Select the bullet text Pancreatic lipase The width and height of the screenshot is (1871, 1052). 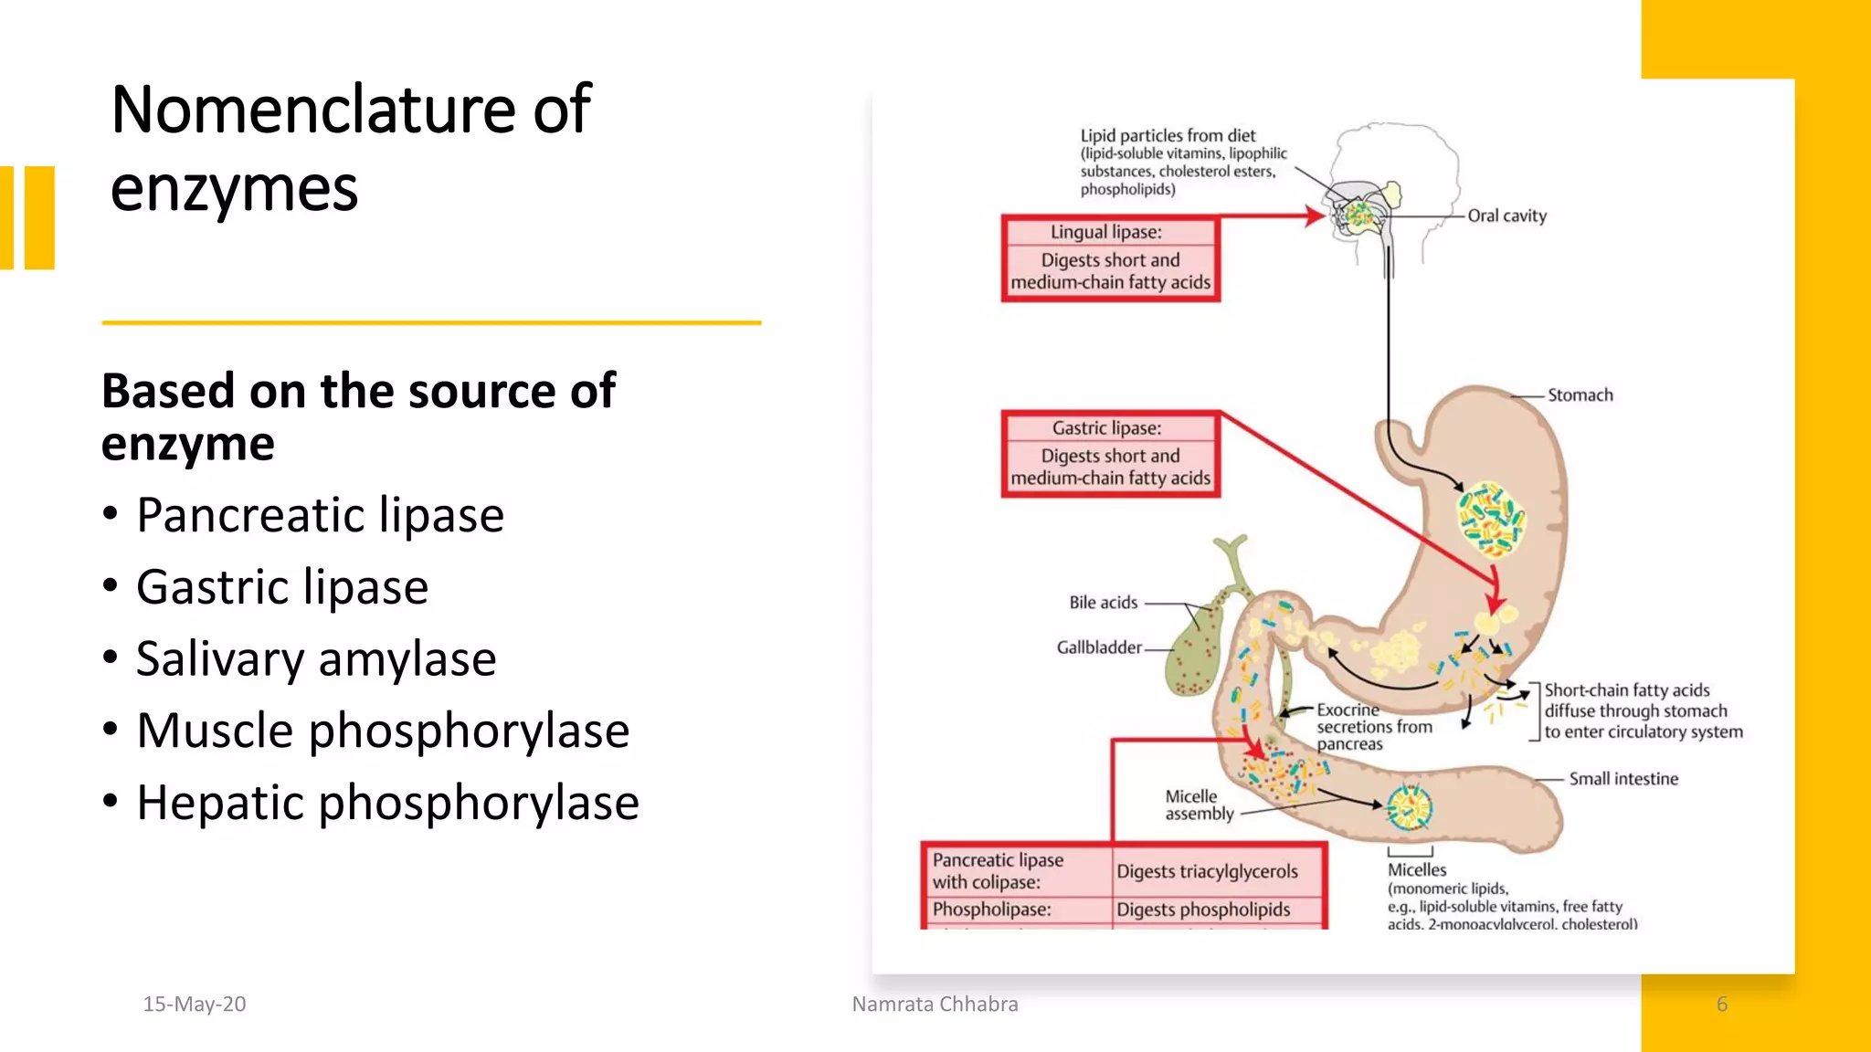tap(320, 515)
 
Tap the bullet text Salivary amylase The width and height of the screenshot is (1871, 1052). tap(315, 659)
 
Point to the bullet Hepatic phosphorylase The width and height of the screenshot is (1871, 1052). tap(387, 804)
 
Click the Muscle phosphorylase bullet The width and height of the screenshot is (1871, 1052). tap(382, 731)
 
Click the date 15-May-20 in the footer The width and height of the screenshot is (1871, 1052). tap(194, 1004)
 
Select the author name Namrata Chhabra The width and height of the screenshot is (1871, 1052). tap(935, 1004)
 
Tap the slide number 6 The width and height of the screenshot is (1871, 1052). tap(1721, 1004)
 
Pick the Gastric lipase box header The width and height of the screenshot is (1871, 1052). tap(1106, 427)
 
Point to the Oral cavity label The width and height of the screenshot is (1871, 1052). tap(1506, 216)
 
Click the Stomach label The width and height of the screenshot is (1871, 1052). tap(1580, 395)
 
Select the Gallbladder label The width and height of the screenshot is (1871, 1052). tap(1098, 647)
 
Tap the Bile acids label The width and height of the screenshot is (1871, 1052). tap(1103, 603)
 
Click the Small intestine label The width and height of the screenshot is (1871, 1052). tap(1623, 779)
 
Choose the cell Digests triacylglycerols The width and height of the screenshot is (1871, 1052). tap(1207, 871)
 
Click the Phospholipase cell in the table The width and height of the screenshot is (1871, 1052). tap(991, 910)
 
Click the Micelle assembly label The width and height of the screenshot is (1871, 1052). tap(1198, 805)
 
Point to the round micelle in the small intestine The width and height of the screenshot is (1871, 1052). tap(1409, 807)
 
